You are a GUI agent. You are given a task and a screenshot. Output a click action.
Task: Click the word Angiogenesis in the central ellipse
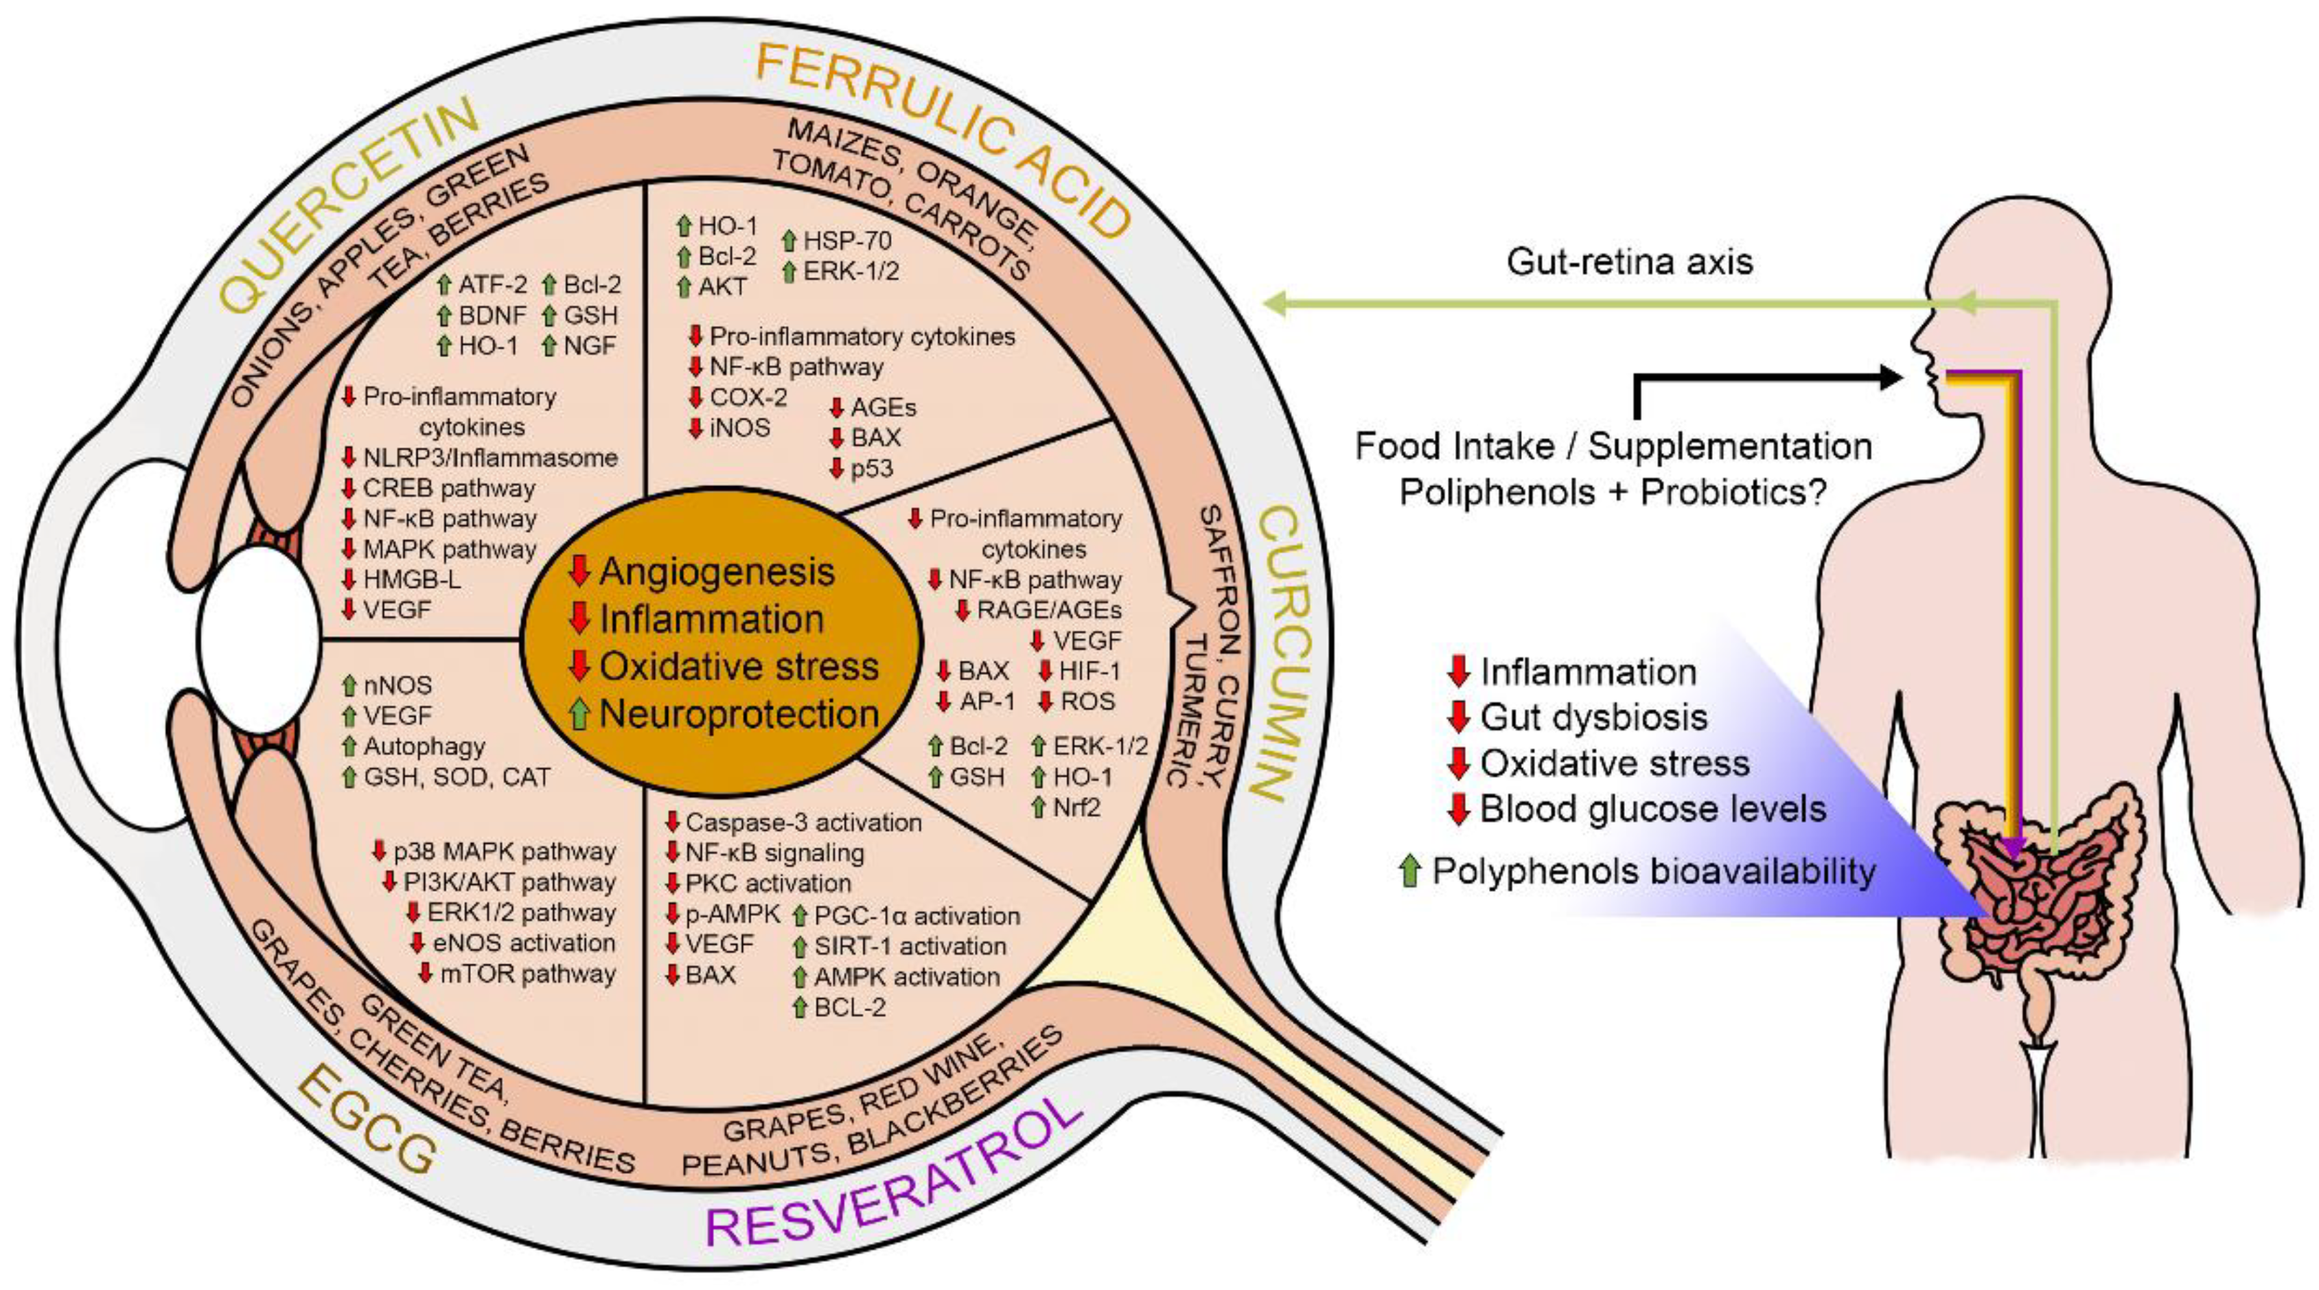point(717,573)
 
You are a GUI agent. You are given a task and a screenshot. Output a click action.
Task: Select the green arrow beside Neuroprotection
point(581,714)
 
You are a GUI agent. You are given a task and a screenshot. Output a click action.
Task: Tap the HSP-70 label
point(847,241)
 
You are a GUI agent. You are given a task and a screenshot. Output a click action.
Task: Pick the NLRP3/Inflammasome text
point(489,458)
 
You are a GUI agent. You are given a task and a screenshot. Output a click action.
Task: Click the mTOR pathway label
point(527,974)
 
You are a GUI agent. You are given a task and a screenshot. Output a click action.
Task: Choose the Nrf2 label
point(1076,807)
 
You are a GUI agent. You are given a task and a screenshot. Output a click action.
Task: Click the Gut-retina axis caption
point(1630,262)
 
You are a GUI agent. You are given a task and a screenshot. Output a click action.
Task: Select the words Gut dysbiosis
point(1593,717)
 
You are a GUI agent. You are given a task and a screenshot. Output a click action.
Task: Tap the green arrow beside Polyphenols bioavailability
point(1410,871)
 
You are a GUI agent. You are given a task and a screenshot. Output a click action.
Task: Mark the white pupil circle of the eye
point(259,641)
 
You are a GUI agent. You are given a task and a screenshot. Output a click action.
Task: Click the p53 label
point(871,468)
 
